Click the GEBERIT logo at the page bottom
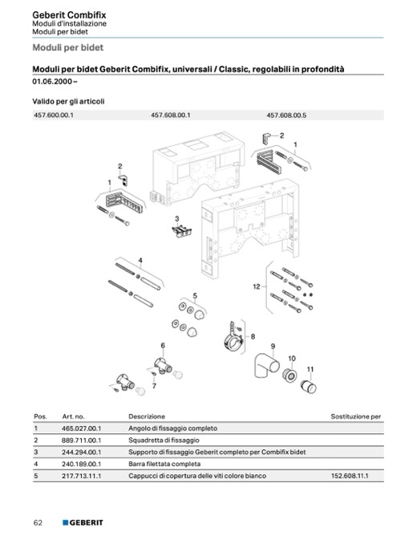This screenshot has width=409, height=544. [83, 522]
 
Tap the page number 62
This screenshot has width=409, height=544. [38, 522]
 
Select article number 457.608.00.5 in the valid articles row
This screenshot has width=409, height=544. [286, 116]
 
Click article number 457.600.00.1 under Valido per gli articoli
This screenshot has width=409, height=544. [54, 115]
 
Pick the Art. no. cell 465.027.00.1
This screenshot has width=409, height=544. [82, 428]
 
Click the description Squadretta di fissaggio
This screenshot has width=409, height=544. [164, 440]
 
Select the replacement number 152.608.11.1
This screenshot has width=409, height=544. [350, 476]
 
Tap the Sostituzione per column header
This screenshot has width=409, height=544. [355, 416]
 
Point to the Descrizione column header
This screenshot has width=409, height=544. [147, 416]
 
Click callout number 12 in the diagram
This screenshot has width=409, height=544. [257, 286]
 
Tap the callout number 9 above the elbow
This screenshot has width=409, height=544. [273, 347]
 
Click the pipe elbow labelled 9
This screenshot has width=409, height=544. [266, 365]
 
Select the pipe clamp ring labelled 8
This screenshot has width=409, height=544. [233, 342]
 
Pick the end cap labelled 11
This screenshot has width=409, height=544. [308, 387]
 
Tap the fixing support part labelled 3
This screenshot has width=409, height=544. [182, 231]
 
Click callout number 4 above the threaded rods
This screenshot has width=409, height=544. [140, 261]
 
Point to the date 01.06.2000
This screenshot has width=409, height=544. [52, 82]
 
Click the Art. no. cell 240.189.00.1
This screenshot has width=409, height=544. [82, 465]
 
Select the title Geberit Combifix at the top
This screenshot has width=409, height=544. [69, 15]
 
